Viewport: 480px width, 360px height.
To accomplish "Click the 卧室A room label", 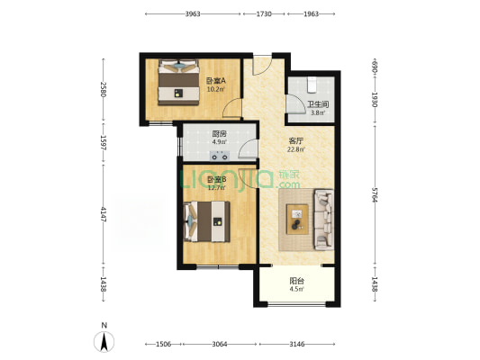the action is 216,81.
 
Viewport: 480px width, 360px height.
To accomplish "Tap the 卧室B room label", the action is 217,179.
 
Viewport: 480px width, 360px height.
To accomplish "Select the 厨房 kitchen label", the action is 219,134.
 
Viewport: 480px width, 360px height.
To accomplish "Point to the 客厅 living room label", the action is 296,141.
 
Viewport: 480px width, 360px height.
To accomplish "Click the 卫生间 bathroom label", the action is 318,104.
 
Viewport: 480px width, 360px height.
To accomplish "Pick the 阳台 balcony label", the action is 296,281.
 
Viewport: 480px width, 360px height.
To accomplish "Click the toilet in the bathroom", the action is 312,85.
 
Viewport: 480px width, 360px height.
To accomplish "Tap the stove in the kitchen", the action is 220,157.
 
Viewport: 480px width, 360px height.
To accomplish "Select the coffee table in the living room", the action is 297,220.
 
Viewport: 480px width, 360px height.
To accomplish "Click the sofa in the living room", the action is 324,220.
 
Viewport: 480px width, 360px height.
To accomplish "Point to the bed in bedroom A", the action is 178,82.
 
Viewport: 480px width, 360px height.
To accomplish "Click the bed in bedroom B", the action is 206,221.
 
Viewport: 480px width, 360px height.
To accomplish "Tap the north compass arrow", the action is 104,342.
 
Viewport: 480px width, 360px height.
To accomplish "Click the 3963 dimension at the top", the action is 193,13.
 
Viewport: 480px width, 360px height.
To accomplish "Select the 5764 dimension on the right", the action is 375,195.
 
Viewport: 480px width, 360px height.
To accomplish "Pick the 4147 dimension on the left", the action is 104,215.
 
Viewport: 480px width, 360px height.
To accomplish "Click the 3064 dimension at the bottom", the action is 220,345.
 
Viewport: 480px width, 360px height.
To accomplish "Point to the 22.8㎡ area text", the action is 296,149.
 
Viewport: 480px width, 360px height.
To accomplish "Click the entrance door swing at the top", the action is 262,66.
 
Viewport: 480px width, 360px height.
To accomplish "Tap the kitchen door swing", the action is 247,148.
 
